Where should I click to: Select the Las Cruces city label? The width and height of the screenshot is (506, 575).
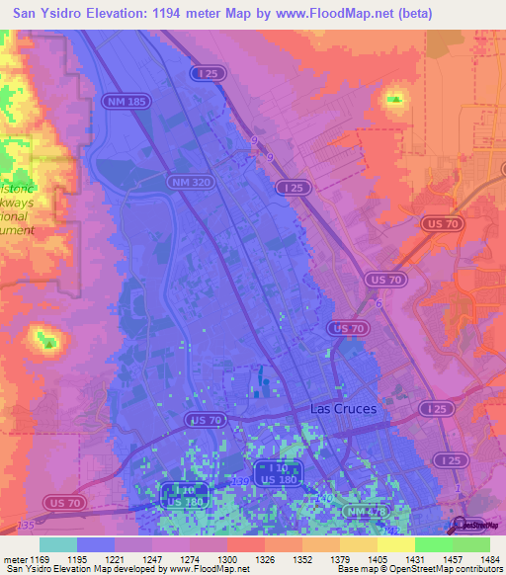[x=343, y=407]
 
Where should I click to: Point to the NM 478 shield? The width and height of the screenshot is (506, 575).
[x=365, y=512]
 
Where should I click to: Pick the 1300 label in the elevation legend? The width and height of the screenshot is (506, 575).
[x=226, y=558]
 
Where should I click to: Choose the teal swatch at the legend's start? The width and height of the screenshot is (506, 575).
[x=58, y=544]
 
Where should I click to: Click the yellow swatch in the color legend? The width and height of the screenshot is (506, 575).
[x=395, y=544]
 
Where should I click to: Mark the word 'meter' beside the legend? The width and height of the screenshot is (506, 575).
[x=14, y=558]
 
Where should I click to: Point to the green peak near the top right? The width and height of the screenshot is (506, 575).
[x=395, y=98]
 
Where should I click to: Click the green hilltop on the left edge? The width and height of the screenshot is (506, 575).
[x=44, y=341]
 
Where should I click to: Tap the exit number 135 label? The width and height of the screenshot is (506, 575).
[x=24, y=524]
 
